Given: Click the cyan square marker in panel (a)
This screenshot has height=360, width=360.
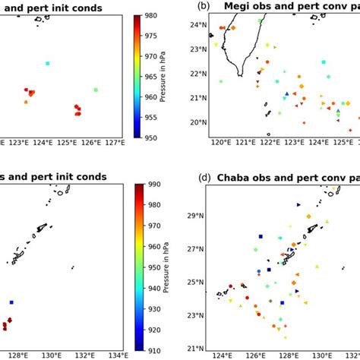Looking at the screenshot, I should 47,63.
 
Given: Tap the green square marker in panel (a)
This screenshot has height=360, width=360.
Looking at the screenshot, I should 96,90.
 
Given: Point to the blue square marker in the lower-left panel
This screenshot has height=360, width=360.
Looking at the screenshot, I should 11,302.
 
